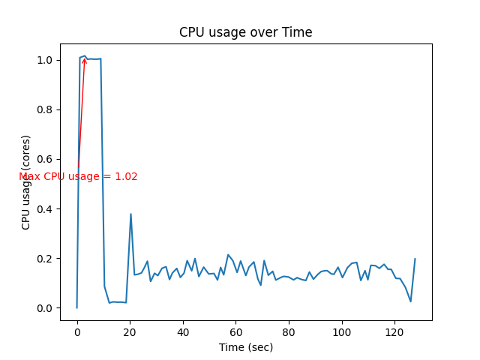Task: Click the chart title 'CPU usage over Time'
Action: [x=245, y=32]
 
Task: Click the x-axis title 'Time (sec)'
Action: [x=245, y=347]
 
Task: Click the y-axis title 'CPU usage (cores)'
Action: [x=26, y=182]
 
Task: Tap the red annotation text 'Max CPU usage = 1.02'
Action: [x=78, y=176]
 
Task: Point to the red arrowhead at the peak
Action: [x=84, y=59]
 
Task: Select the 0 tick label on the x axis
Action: [x=76, y=330]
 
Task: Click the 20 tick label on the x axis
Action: [x=130, y=330]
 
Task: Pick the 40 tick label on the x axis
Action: [x=183, y=330]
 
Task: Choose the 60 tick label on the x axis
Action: [x=236, y=330]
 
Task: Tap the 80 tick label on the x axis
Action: [x=289, y=330]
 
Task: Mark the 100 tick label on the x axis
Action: [x=342, y=330]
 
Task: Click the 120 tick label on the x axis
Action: [x=395, y=330]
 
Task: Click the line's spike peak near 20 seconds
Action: [x=130, y=214]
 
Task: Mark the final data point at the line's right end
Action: [x=415, y=259]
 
